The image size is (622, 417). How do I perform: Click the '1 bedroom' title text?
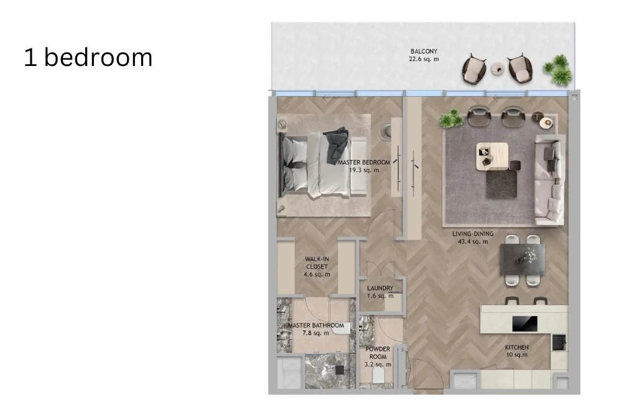point(88,57)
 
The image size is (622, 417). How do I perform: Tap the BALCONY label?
point(424,51)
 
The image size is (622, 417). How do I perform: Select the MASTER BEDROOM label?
point(364,162)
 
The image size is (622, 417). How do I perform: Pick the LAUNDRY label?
point(380,289)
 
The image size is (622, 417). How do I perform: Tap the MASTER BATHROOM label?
point(316,326)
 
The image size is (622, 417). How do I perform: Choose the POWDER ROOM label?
point(378,353)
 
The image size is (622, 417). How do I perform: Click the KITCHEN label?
point(516,347)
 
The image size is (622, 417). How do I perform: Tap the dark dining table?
point(522,258)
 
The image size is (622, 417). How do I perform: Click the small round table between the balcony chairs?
point(498,69)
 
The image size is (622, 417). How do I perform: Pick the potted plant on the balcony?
point(557,70)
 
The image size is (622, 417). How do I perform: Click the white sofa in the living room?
point(548,180)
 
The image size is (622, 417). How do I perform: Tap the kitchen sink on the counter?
point(559,342)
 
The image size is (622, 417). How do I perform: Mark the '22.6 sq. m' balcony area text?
point(424,60)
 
